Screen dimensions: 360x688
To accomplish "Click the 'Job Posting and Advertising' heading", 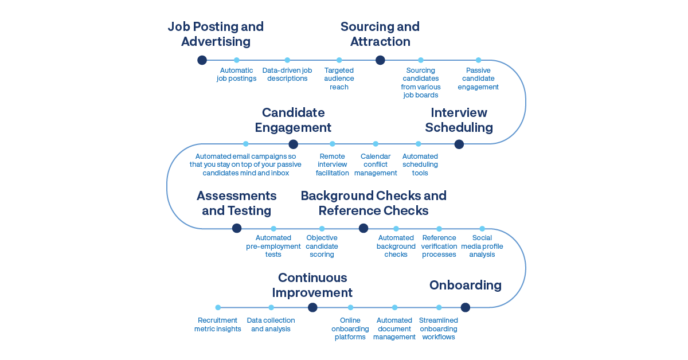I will tap(216, 34).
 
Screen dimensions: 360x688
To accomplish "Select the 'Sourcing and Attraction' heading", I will tap(380, 34).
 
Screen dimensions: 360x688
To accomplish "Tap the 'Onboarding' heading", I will tap(466, 285).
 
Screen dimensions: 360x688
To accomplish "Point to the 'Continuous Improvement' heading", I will tap(312, 285).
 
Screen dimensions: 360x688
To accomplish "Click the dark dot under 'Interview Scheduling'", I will tap(459, 144).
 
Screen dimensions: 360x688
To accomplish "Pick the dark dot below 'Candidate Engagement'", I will tap(293, 144).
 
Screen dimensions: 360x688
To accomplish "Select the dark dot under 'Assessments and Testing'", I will tap(237, 228).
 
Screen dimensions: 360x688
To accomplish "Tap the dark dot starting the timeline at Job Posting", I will tap(202, 60).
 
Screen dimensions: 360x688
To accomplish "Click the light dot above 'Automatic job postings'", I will tap(236, 60).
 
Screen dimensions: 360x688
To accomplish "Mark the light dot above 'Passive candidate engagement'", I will tap(478, 60).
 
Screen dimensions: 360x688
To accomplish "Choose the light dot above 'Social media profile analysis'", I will tap(482, 229).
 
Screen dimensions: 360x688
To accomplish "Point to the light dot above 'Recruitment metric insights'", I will tap(218, 308).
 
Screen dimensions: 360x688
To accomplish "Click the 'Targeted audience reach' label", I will tap(339, 79).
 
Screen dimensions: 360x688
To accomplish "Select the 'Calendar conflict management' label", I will tap(376, 165).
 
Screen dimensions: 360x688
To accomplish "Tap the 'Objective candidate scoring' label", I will tap(322, 246).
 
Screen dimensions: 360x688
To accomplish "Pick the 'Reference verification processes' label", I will tap(439, 246).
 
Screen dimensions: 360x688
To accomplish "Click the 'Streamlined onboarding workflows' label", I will tap(439, 328).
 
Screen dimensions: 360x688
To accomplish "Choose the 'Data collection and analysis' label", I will tap(271, 324).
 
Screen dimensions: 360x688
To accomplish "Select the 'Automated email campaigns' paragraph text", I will tap(245, 165).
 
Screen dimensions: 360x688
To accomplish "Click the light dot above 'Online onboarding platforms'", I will tap(350, 308).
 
